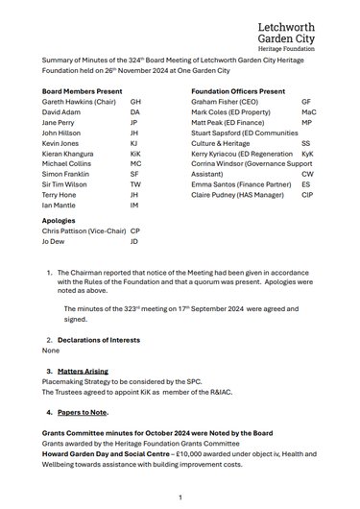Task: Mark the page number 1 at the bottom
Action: point(180,497)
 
